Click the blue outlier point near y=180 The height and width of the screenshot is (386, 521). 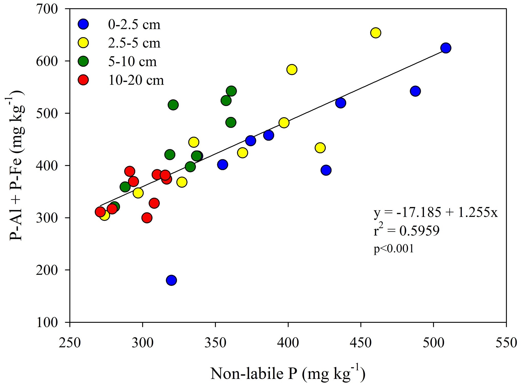tap(171, 280)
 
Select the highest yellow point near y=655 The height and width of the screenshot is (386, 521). tap(375, 33)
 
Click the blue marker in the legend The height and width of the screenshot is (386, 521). tap(83, 24)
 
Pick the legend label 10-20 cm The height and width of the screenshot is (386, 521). tap(136, 80)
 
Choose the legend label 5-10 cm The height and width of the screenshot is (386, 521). tap(132, 62)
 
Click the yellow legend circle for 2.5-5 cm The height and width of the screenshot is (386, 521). tap(83, 43)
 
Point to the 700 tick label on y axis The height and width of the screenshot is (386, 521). tap(47, 9)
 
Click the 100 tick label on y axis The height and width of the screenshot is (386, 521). tap(47, 323)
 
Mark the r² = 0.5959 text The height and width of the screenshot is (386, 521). tap(406, 230)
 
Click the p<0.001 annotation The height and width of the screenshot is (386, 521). tap(394, 249)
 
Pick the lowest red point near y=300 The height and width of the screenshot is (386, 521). tap(147, 218)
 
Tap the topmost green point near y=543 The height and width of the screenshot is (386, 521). tap(231, 91)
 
